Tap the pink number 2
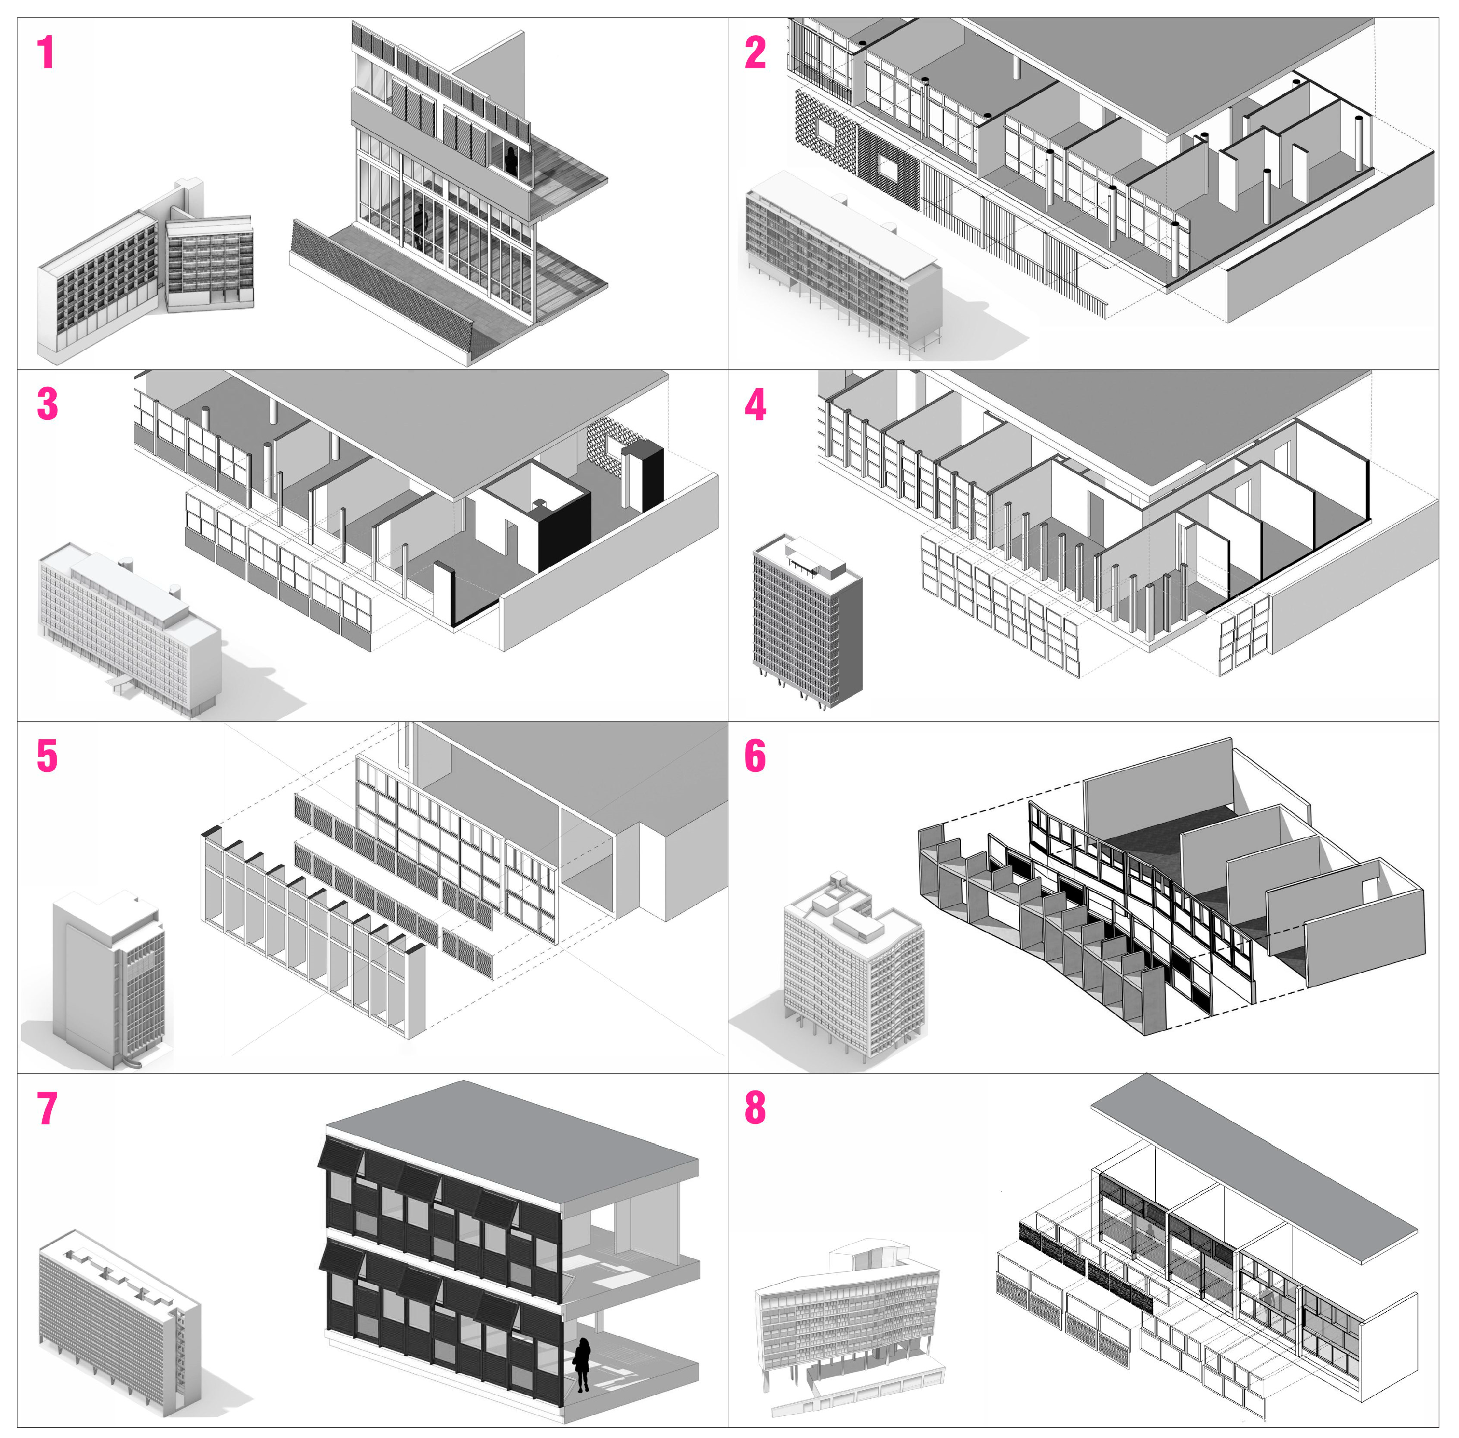[x=754, y=53]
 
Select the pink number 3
[x=47, y=404]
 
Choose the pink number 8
[x=754, y=1108]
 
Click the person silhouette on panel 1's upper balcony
[x=511, y=162]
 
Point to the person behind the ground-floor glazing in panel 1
[x=420, y=227]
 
